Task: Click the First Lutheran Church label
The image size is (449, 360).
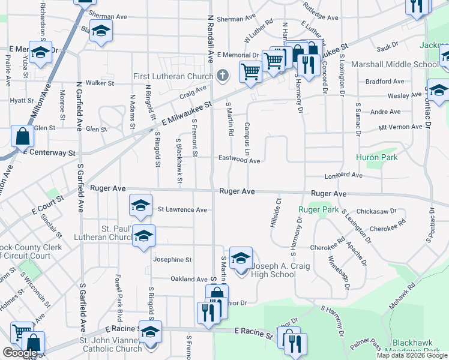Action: click(173, 76)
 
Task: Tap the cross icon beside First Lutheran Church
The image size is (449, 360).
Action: click(223, 76)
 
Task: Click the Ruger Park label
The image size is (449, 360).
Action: click(319, 210)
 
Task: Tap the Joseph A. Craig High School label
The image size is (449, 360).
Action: click(274, 270)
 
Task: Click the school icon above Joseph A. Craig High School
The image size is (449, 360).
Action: click(241, 259)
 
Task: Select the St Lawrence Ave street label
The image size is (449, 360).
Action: click(182, 210)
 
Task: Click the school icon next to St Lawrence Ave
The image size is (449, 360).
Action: click(140, 206)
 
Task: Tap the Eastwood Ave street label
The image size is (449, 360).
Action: click(239, 161)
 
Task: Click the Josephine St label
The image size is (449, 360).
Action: click(172, 260)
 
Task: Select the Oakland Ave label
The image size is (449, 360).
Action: click(188, 279)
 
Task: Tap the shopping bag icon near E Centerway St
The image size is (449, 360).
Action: click(22, 137)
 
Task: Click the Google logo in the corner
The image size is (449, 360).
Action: click(20, 353)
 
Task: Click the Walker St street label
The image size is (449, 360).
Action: click(100, 83)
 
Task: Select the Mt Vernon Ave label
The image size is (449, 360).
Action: click(400, 127)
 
